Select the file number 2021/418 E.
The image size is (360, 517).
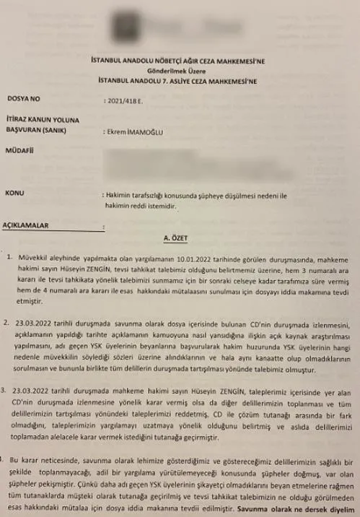(x=127, y=103)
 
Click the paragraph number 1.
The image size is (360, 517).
(x=9, y=256)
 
